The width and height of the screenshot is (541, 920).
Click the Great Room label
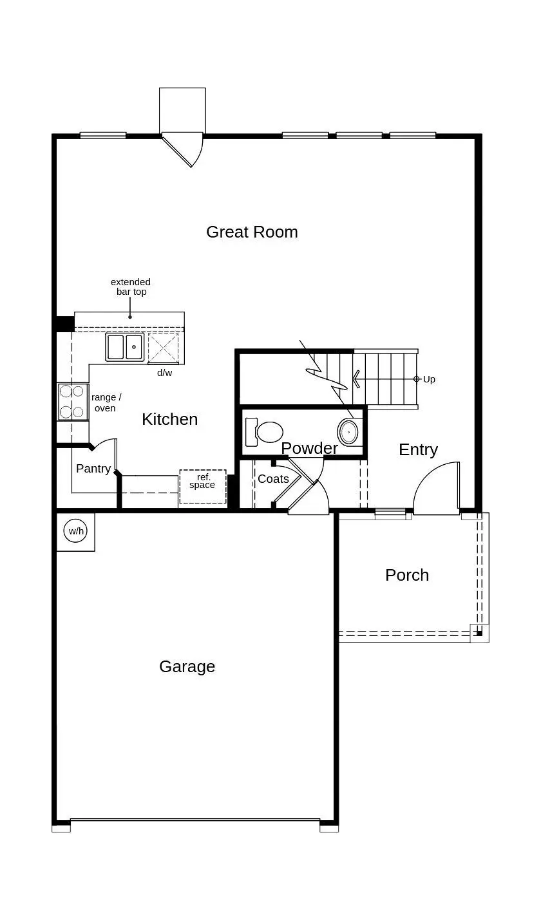click(x=252, y=232)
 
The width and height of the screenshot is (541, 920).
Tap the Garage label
click(x=187, y=666)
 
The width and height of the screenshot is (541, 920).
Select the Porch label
click(x=406, y=575)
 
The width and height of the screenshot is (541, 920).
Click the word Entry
click(x=418, y=449)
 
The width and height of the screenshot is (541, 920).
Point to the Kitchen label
click(x=169, y=419)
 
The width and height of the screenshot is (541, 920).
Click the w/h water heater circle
click(x=75, y=531)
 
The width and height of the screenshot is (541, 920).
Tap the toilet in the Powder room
click(x=265, y=432)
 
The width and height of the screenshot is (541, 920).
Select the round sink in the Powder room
click(x=348, y=431)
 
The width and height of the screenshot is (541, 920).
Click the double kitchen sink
click(x=125, y=347)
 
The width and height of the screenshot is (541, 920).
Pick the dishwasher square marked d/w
click(x=163, y=348)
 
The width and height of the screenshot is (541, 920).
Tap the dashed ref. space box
click(x=202, y=487)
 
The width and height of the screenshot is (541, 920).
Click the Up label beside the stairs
click(x=429, y=379)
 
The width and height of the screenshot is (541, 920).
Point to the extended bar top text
click(x=131, y=286)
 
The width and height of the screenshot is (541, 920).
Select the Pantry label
click(x=93, y=469)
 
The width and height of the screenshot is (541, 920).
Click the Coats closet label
click(x=273, y=479)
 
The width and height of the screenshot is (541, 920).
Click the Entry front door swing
click(x=436, y=489)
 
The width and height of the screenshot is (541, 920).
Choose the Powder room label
click(x=309, y=448)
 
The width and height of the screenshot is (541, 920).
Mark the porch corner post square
click(x=478, y=632)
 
